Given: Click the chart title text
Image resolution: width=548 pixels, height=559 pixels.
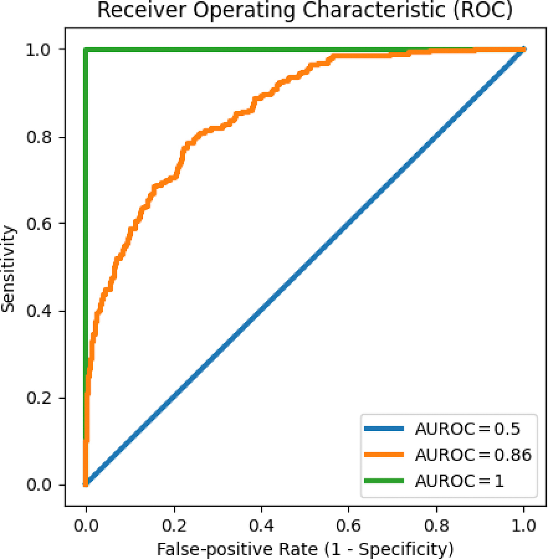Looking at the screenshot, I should coord(305,10).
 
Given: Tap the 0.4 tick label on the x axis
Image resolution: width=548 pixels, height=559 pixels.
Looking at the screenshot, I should coord(261,526).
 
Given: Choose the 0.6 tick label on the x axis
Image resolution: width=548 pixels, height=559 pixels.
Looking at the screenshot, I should coord(349,526).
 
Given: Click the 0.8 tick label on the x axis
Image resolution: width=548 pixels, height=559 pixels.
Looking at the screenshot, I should coord(436,526).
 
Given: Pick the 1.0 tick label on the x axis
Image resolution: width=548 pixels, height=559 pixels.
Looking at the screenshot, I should coord(524,526).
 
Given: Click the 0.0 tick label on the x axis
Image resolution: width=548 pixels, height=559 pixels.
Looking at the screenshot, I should coord(86,526).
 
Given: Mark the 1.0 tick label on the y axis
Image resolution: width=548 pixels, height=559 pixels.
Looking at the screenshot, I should coord(39,50).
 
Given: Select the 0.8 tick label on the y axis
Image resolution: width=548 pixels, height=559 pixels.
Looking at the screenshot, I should coord(39,137).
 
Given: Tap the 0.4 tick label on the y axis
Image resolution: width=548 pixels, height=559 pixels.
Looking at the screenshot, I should coord(39,311).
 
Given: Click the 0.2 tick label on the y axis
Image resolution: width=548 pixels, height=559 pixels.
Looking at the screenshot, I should coord(39,398).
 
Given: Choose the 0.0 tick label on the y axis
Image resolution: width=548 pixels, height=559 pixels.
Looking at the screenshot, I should coord(39,485).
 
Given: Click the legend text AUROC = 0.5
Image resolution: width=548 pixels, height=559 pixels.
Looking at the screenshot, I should coord(468,429).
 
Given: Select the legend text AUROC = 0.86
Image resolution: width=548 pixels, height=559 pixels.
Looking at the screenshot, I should coord(473,455).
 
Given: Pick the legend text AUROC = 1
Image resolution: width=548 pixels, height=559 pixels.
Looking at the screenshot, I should coord(459,481).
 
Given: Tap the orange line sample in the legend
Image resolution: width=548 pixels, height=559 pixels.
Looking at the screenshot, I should coord(384,455).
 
